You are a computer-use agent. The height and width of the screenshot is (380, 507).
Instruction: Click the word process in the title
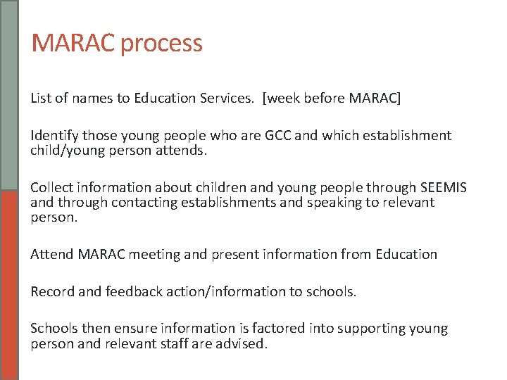161,44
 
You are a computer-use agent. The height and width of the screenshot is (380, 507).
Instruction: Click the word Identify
55,135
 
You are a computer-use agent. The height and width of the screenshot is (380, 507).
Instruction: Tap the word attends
186,150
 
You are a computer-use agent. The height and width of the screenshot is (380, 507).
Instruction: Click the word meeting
151,254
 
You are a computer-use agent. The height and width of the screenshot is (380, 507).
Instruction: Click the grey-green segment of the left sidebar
9,95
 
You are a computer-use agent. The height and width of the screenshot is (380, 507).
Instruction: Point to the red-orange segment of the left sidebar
9,285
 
